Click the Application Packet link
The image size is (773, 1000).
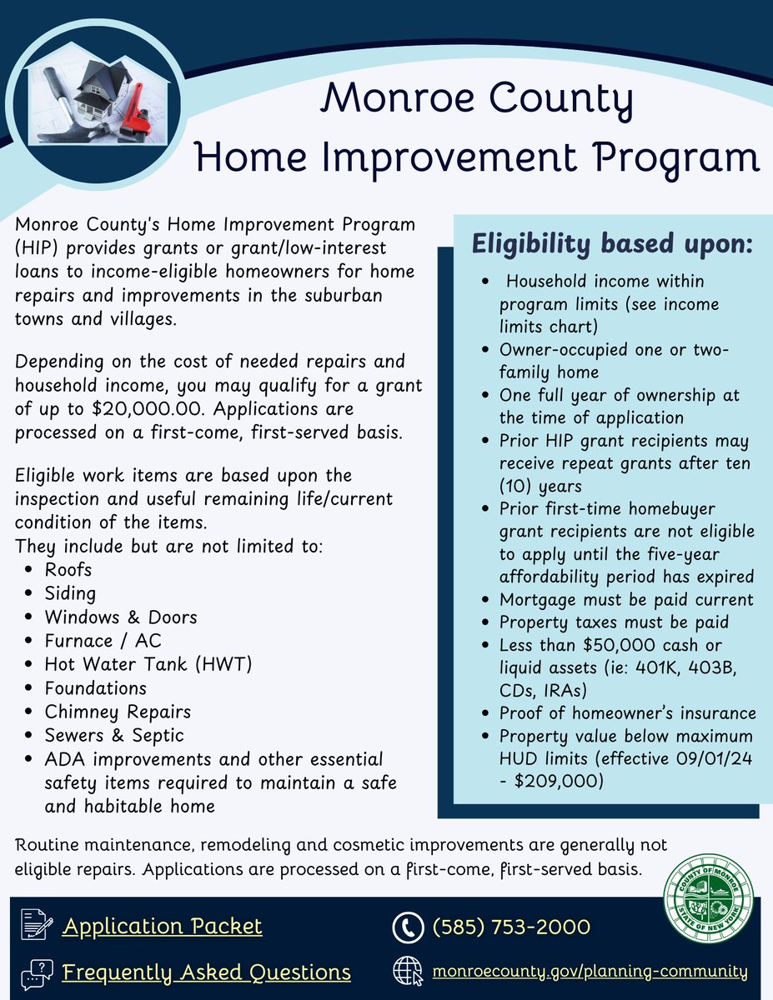[x=162, y=926]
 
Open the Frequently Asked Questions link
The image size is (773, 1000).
[x=206, y=972]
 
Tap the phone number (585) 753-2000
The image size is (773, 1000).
[x=511, y=927]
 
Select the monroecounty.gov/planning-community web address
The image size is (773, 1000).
[x=589, y=972]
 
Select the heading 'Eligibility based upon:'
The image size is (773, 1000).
[x=612, y=246]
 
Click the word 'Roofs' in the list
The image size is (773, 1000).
[x=68, y=570]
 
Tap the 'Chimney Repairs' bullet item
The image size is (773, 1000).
[x=118, y=712]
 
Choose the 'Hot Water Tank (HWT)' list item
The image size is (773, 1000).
[x=148, y=664]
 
